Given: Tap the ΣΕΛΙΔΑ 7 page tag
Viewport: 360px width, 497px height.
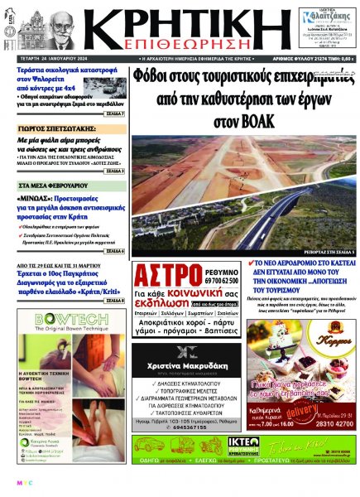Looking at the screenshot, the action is [117, 113].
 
